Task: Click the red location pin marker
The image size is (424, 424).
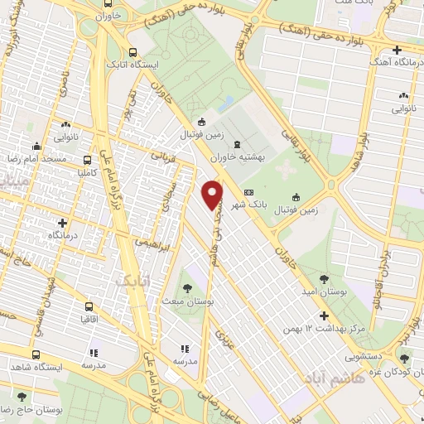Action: pos(213,195)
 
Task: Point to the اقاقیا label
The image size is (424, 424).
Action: pos(87,318)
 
